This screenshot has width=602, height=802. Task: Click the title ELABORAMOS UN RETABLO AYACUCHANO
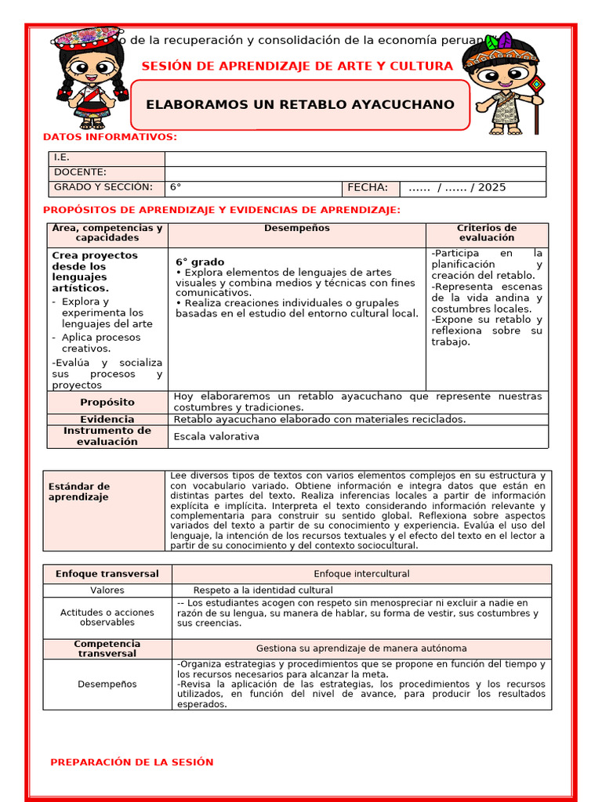point(300,104)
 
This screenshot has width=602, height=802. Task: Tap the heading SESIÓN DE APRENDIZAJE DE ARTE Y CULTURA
point(297,66)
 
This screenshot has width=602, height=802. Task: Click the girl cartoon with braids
point(92,78)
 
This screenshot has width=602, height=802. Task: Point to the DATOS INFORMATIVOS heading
point(110,137)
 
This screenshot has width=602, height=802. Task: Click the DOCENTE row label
point(80,172)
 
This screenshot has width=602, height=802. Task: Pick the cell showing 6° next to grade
point(176,188)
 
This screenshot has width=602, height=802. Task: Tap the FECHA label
point(368,188)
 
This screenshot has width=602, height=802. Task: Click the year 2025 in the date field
point(491,188)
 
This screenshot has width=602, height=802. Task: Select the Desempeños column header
point(296,229)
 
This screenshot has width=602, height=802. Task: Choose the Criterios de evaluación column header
point(487,233)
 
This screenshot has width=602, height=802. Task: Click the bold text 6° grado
point(200,262)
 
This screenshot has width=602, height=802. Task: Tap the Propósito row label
point(107,402)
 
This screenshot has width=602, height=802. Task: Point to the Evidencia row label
point(107,419)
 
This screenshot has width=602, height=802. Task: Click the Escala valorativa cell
point(216,436)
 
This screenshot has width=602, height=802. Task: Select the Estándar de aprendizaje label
point(79,492)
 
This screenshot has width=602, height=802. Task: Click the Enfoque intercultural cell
point(361,574)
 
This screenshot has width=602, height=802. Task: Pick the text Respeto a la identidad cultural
point(263,591)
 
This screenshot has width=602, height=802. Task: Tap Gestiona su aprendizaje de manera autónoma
point(361,648)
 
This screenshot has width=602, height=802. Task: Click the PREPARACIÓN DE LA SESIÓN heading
point(132,762)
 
